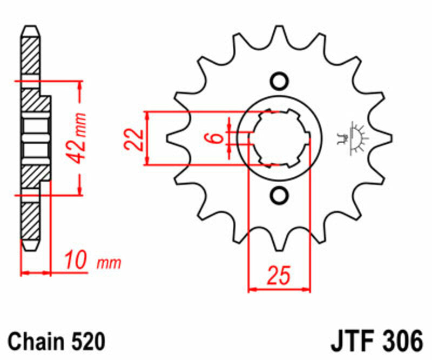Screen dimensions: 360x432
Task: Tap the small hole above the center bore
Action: tap(280, 82)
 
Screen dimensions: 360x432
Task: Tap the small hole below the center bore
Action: tap(280, 195)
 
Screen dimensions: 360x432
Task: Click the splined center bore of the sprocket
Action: tap(280, 138)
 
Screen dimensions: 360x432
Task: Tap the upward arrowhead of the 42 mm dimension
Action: tap(80, 86)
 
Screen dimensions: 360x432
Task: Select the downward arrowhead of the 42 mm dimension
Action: tap(80, 190)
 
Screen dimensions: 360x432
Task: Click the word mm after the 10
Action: tap(109, 264)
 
